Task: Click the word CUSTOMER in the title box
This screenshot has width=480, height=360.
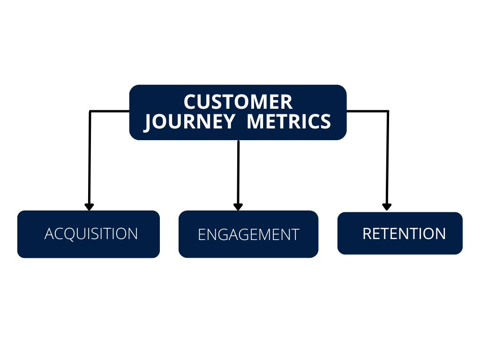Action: click(x=238, y=102)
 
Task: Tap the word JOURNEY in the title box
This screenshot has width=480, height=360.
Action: click(x=189, y=121)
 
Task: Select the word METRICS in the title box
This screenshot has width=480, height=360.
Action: click(x=289, y=121)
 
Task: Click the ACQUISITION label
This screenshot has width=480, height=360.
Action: click(x=91, y=233)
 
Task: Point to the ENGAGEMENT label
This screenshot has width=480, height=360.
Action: click(x=248, y=234)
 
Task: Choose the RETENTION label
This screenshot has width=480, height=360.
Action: click(x=404, y=233)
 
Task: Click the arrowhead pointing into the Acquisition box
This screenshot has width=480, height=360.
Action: click(x=89, y=207)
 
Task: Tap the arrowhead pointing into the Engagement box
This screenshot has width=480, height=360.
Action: click(x=238, y=207)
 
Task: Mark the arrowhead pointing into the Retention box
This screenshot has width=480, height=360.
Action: click(x=387, y=207)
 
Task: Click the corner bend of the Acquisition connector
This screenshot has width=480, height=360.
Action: click(x=90, y=112)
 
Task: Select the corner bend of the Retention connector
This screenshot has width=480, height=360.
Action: click(x=388, y=112)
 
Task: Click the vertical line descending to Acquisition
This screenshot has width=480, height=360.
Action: click(x=90, y=159)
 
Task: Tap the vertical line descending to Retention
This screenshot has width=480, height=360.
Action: click(x=387, y=159)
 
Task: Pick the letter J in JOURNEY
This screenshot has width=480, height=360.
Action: click(x=149, y=122)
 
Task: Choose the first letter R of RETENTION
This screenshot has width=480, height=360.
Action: click(x=367, y=233)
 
